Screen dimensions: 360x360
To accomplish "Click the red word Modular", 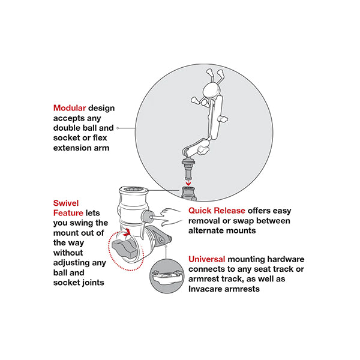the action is pos(70,108).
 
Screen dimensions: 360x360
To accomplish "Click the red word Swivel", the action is pos(66,203).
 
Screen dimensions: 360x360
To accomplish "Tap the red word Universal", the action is pos(206,259).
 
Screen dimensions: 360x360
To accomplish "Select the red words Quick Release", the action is pos(217,211).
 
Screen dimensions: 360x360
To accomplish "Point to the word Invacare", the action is pos(205,289).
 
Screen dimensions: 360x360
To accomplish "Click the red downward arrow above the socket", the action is pos(188,183).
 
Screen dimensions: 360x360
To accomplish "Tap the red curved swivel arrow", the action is pos(127,233).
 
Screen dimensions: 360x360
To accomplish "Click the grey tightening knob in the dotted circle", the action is pos(124,248).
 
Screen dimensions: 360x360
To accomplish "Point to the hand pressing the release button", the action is pos(171,217).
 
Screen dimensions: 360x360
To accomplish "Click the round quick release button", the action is pos(147,217).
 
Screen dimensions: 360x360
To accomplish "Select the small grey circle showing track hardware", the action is pos(167,276).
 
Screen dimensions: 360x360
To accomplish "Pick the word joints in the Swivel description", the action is pos(93,283).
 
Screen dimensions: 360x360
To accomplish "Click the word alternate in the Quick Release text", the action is pos(205,230).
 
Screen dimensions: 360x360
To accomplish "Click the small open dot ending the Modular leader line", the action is pos(118,128).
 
